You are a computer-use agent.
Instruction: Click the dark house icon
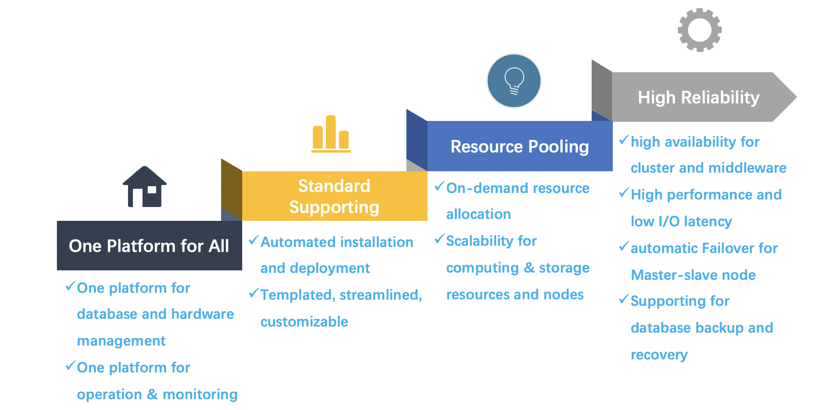tap(145, 187)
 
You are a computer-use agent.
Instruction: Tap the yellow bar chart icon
tap(331, 134)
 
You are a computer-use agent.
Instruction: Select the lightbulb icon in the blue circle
tap(514, 81)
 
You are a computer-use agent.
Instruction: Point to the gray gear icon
tap(699, 30)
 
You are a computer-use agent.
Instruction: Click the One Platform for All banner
tap(149, 246)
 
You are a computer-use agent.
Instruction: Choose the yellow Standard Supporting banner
tap(334, 196)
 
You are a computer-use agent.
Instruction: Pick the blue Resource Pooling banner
tap(519, 147)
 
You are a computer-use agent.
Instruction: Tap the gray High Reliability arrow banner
tap(698, 97)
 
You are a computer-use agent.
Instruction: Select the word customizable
tap(304, 322)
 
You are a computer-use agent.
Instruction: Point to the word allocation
tap(478, 214)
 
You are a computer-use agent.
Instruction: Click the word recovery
tap(659, 355)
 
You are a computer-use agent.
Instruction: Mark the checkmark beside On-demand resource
tap(439, 187)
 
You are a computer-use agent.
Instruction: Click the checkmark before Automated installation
tap(254, 240)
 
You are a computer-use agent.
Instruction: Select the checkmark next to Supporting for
tap(624, 300)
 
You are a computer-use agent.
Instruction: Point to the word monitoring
tap(200, 395)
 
